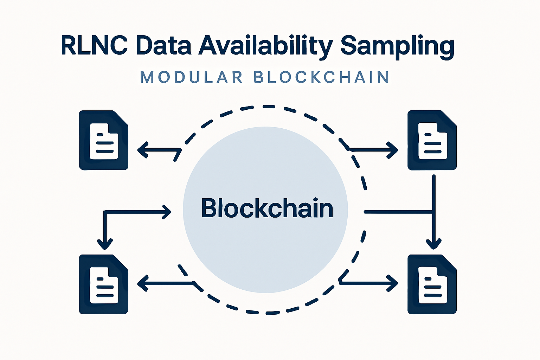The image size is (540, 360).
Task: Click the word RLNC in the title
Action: coord(94,45)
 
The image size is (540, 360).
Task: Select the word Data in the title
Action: coord(163,45)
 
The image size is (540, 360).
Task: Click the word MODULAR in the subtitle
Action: coord(192,77)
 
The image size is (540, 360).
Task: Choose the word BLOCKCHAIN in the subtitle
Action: coord(321,77)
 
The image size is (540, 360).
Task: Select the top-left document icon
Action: coord(104,140)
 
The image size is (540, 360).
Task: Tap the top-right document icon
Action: coord(432,140)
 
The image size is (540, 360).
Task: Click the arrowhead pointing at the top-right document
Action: coord(393,150)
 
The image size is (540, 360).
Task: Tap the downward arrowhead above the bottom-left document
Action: coord(105,244)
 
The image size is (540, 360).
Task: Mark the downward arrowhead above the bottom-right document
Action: coord(433,244)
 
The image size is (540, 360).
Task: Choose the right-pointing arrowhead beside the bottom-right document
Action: coord(393,283)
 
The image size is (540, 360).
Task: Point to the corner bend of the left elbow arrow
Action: coord(105,212)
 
